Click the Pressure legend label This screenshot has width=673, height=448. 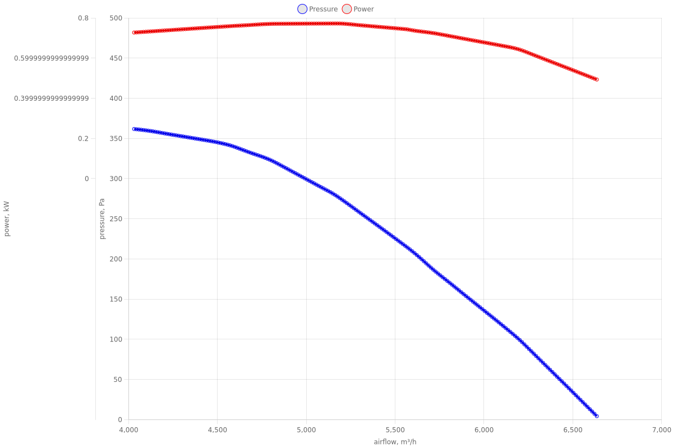(x=323, y=9)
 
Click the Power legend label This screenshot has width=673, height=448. (x=363, y=9)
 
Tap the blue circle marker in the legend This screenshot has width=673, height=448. (x=302, y=9)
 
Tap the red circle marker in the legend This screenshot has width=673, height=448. (x=347, y=9)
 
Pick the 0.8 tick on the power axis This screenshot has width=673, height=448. (x=83, y=18)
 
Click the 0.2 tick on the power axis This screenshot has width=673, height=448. (x=83, y=138)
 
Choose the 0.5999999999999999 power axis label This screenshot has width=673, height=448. (x=51, y=58)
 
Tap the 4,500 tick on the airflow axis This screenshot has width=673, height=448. (x=218, y=430)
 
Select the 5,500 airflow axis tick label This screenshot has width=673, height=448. (x=395, y=430)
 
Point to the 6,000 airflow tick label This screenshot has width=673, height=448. (x=484, y=430)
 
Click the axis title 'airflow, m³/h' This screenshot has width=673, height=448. (x=395, y=442)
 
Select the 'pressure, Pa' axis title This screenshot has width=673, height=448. (x=103, y=218)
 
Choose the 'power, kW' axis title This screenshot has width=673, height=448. (x=7, y=218)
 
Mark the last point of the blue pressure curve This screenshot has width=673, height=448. (x=596, y=416)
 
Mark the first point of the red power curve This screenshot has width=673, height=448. (x=134, y=32)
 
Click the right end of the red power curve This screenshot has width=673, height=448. (x=596, y=80)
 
